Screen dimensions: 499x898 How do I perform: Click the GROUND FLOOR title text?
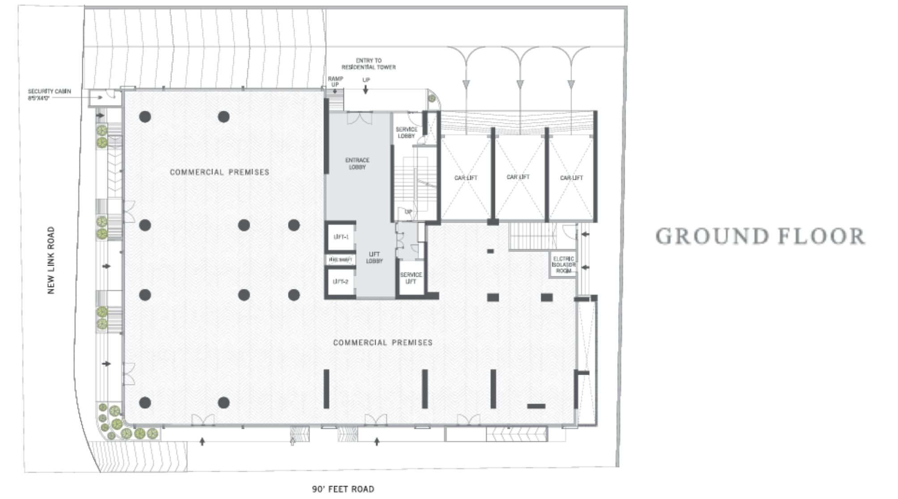point(760,237)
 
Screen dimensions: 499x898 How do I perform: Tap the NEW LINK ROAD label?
point(51,260)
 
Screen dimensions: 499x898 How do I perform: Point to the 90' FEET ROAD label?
point(343,489)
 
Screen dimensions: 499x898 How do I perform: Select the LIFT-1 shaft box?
point(341,237)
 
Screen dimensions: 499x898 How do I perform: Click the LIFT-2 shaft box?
point(341,282)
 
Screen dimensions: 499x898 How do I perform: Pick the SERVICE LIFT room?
point(411,278)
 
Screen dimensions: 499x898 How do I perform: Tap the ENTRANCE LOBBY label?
point(357,164)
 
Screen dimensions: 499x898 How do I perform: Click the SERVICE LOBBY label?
point(406,132)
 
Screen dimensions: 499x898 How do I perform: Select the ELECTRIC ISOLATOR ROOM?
point(563,265)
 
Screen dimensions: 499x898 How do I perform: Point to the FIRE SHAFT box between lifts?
point(341,260)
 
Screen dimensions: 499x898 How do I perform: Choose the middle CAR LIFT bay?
point(518,177)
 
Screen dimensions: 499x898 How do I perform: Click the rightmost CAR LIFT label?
point(572,178)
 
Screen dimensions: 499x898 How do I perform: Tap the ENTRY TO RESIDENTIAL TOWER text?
point(369,64)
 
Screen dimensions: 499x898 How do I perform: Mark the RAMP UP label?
point(335,81)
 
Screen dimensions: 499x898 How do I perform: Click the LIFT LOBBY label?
point(374,258)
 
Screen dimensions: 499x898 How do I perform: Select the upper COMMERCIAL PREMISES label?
point(220,172)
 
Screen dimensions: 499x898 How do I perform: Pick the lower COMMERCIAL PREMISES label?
point(383,343)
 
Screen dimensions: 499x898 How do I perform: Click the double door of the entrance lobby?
point(360,118)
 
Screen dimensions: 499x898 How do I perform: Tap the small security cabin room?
point(105,97)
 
